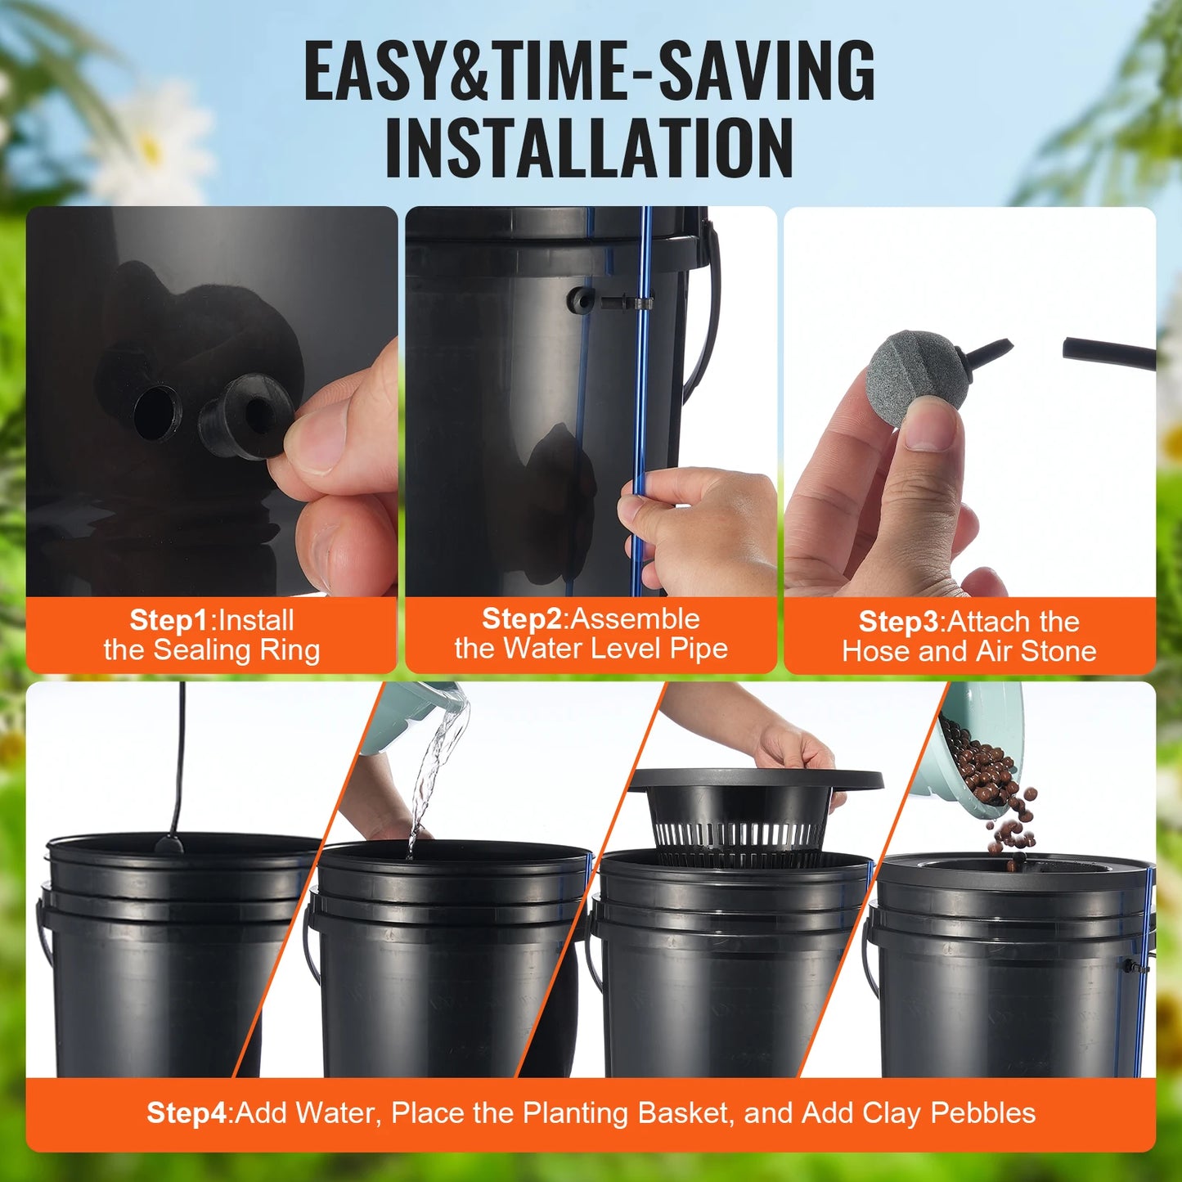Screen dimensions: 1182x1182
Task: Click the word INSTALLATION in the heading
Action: (589, 148)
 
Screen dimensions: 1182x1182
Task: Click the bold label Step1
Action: (169, 620)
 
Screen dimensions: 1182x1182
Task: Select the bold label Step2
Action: (522, 618)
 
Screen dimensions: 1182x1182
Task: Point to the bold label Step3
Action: (898, 622)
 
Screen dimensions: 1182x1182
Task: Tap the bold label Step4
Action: (187, 1112)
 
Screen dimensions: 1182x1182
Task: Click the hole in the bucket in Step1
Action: (156, 413)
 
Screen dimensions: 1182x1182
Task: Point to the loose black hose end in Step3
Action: (1108, 353)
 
